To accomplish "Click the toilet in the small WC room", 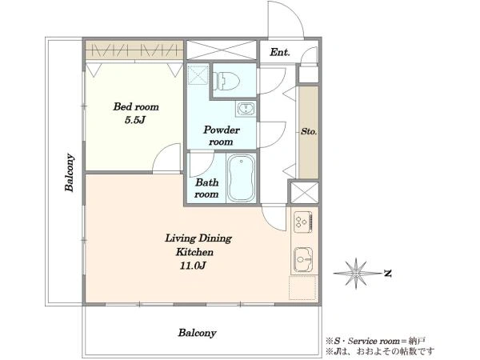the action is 226,80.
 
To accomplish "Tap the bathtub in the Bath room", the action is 242,178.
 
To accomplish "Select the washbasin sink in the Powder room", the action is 246,108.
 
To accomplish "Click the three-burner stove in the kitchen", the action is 302,222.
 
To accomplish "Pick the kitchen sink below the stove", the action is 303,259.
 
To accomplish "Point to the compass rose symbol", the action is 356,273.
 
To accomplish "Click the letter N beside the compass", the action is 388,273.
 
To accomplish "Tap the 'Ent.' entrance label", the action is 279,52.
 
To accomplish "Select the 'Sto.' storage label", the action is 309,132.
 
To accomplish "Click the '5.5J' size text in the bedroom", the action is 134,120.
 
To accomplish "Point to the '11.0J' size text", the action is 193,266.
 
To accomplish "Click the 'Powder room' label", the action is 221,136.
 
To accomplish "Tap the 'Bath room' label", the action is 206,188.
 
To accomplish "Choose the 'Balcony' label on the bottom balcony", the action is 197,333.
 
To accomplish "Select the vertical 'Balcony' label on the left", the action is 70,173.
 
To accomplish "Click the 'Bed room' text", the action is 136,107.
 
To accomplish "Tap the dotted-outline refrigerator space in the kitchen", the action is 302,288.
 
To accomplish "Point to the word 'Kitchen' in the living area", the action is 194,252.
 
